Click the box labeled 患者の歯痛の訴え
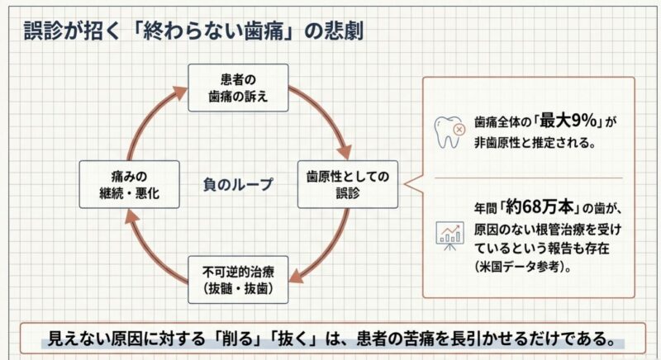237,88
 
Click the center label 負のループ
237,184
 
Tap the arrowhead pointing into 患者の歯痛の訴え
181,91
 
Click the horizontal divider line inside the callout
529,178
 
